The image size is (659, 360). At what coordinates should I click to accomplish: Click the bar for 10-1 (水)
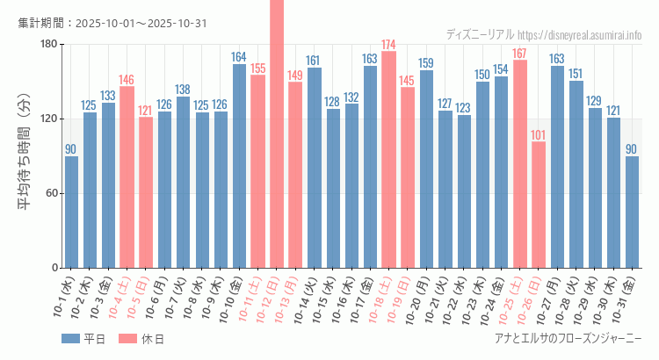(71, 212)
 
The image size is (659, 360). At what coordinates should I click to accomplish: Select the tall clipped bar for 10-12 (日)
(277, 132)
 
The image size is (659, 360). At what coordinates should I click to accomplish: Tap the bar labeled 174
(388, 159)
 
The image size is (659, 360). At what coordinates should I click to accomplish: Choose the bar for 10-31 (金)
(632, 212)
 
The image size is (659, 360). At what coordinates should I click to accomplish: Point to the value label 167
(519, 54)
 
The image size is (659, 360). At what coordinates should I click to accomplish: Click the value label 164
(239, 57)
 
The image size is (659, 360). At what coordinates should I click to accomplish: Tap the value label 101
(539, 135)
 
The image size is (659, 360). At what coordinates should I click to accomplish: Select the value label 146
(127, 79)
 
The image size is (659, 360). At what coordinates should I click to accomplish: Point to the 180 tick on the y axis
(48, 45)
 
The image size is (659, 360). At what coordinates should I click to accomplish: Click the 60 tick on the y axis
(52, 193)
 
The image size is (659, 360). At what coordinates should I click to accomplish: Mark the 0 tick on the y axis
(54, 268)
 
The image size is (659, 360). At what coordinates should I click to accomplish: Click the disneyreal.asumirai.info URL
(580, 35)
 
